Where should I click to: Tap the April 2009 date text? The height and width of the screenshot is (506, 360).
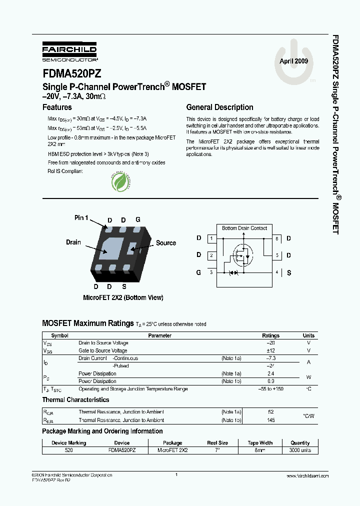(293, 61)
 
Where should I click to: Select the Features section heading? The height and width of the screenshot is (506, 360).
(57, 107)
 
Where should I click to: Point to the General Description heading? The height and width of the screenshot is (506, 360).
(219, 107)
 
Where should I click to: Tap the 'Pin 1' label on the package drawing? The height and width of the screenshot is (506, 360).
(81, 217)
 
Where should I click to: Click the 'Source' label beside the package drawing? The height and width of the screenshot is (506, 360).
(165, 243)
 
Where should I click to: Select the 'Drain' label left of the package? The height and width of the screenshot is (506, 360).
(73, 242)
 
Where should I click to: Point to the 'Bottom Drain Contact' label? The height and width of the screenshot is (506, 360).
(244, 228)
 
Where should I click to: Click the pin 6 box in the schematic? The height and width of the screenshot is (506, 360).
(276, 238)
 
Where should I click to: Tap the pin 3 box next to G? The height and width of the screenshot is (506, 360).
(211, 272)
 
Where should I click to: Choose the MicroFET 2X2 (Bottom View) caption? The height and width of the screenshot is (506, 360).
(123, 297)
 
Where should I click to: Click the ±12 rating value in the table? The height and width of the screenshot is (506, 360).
(271, 350)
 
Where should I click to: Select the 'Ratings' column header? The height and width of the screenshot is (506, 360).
(271, 335)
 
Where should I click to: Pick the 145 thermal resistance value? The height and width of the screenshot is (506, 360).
(271, 420)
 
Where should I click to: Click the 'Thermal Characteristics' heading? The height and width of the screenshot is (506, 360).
(75, 400)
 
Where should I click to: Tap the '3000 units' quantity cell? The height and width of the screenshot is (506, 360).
(300, 450)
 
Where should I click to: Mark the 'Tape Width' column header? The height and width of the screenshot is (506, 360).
(260, 442)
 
